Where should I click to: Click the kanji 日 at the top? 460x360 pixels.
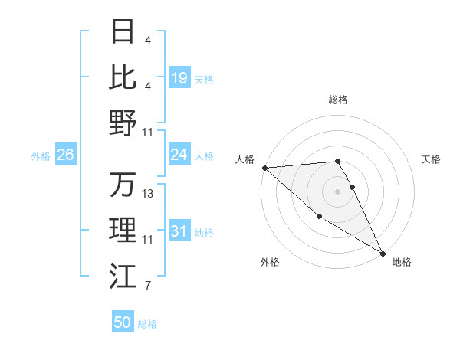123,31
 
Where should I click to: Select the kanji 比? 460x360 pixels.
123,77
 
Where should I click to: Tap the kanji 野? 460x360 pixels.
123,123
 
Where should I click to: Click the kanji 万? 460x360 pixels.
123,185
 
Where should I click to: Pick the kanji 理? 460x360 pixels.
123,231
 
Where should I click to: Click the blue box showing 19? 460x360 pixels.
179,78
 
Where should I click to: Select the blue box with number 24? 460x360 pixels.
179,155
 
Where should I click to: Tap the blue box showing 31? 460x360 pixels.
179,231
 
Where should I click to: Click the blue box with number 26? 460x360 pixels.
65,155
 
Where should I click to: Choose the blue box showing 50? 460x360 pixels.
123,322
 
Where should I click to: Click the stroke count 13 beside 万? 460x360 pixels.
149,194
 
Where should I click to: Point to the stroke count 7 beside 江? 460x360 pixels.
147,286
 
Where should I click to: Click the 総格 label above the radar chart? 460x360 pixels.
337,100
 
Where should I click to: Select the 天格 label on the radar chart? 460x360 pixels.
431,159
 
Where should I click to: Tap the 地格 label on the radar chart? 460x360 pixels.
402,262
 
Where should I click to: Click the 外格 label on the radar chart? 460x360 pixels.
270,262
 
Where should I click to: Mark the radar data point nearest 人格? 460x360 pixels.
264,168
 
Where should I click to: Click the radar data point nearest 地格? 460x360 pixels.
383,253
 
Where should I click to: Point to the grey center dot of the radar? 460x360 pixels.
337,191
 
